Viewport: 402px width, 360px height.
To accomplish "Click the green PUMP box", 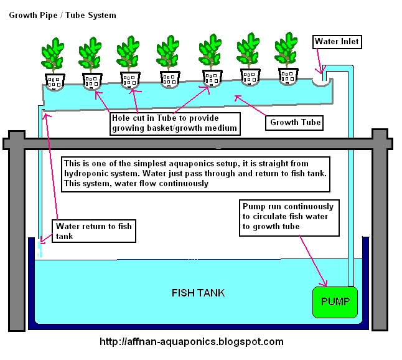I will [335, 302].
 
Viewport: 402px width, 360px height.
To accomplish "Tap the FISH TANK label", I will [198, 293].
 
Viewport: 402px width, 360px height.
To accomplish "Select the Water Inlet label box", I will [337, 42].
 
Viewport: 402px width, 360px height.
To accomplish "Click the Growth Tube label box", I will [295, 122].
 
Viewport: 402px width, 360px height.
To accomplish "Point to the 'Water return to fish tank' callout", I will [94, 231].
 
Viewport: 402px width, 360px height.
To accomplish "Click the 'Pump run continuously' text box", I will [287, 216].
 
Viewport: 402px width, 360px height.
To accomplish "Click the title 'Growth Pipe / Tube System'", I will [62, 14].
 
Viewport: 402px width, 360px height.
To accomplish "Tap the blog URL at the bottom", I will [192, 341].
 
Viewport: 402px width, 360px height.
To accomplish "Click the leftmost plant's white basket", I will [54, 81].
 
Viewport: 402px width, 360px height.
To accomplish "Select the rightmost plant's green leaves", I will [288, 54].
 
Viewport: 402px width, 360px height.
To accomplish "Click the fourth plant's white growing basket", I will [170, 79].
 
